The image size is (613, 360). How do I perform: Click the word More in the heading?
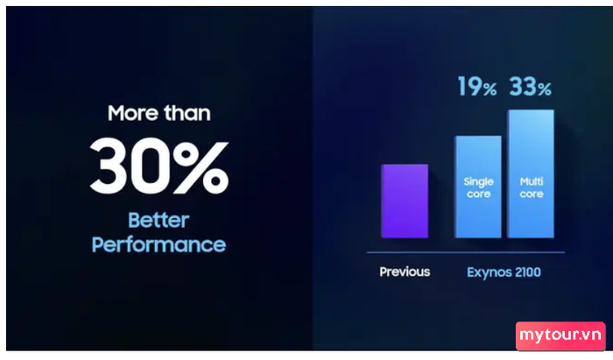[133, 113]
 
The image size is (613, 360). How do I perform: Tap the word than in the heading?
[187, 113]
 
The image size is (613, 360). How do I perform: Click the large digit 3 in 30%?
[109, 165]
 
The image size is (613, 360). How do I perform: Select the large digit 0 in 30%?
[150, 165]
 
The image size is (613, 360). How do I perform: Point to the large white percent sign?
[201, 167]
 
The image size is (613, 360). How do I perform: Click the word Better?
[159, 220]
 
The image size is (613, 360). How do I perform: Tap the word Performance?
[159, 244]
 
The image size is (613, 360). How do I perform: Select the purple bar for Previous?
[405, 201]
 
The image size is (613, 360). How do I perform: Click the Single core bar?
[478, 187]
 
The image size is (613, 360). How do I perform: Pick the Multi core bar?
[531, 173]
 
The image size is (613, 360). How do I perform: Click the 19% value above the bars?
[477, 87]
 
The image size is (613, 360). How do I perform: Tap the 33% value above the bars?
[531, 87]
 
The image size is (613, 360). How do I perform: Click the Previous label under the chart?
[405, 272]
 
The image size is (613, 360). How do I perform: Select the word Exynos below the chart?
[489, 272]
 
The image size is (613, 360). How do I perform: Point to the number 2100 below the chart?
[528, 272]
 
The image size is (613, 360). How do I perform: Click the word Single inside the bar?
[478, 182]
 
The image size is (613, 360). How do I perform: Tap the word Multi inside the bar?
[532, 181]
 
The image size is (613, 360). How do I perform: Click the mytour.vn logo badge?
[560, 335]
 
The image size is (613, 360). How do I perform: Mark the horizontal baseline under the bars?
[466, 252]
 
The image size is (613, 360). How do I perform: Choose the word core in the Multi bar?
[532, 194]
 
